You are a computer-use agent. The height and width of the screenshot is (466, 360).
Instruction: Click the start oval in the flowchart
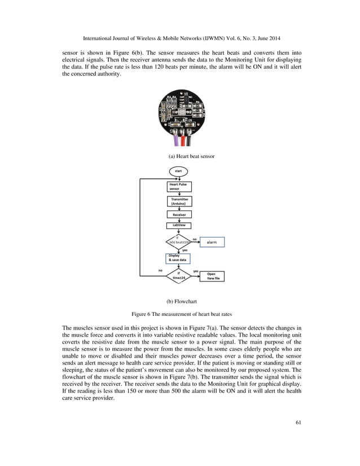click(x=178, y=170)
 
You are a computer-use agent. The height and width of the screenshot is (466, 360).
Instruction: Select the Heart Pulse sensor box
click(x=178, y=186)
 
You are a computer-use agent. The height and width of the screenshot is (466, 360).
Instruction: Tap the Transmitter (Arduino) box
click(x=179, y=201)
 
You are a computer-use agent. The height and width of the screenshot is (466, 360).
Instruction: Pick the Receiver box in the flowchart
click(x=178, y=214)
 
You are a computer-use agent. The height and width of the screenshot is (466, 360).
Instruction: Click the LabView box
click(x=178, y=226)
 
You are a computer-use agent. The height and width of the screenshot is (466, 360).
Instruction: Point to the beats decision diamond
click(x=178, y=241)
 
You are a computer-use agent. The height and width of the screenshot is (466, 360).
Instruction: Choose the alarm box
click(x=212, y=242)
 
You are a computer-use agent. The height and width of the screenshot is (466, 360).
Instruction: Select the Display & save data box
click(x=178, y=258)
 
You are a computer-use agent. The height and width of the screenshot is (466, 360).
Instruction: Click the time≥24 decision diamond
click(x=178, y=276)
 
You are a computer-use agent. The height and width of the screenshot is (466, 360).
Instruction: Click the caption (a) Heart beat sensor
click(x=192, y=156)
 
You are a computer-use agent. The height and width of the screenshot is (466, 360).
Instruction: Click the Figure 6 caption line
click(x=180, y=314)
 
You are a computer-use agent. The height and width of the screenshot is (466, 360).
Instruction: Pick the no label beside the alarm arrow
click(x=195, y=239)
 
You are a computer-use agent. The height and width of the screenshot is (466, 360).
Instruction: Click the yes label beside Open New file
click(x=196, y=271)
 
